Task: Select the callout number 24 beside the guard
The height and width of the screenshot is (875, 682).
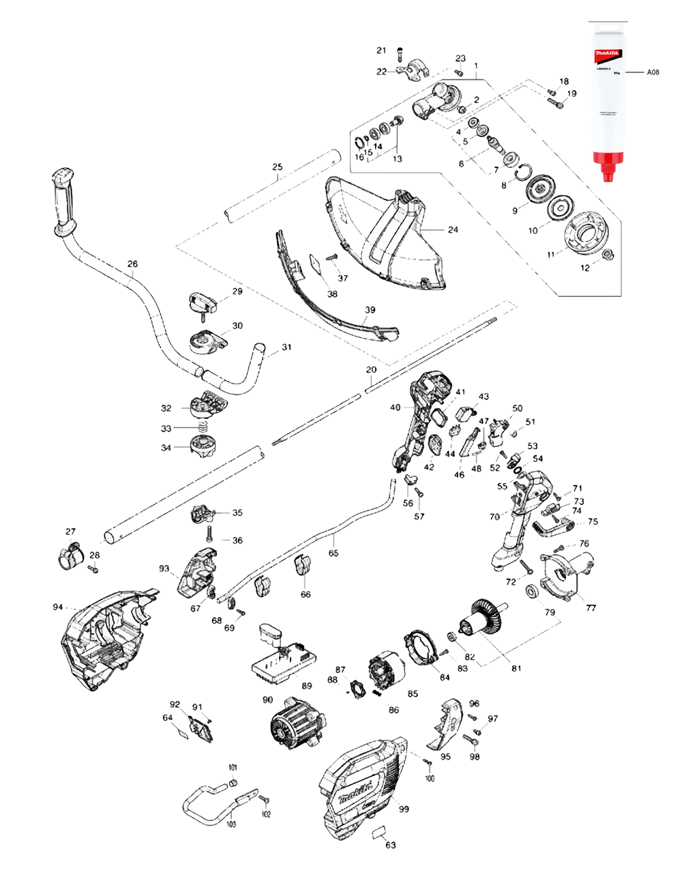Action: [453, 230]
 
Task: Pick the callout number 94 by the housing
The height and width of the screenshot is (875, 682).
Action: [58, 606]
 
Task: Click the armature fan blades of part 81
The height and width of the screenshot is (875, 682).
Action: [490, 614]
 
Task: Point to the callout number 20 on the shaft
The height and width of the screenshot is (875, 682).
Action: [371, 370]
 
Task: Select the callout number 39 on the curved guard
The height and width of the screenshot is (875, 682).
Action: [369, 310]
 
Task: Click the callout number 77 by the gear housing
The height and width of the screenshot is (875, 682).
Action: [590, 607]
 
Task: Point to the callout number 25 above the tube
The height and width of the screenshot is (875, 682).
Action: [277, 167]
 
